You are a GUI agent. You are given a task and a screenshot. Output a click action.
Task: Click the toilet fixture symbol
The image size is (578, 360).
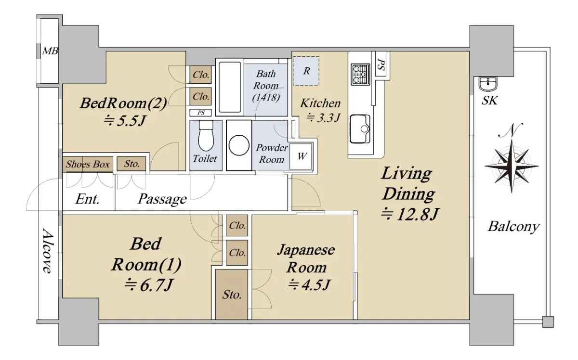pos(206,136)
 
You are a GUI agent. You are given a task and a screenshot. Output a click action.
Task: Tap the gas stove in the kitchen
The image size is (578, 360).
pos(360,74)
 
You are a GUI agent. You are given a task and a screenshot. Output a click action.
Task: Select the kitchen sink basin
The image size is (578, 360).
pos(360,129)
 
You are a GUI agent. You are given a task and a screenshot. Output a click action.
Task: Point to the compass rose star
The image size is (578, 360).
pos(512,166)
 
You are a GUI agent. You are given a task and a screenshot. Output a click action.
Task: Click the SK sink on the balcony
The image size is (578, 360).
pos(488,84)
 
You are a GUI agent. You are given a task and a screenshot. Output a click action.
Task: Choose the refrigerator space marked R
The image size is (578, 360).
pos(306,71)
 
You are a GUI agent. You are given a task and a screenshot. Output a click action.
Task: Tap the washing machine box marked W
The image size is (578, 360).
pos(301,156)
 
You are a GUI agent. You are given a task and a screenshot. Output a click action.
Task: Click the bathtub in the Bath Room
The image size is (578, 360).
pos(230,87)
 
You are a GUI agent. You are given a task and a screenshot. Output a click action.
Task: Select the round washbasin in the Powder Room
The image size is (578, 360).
pos(239,145)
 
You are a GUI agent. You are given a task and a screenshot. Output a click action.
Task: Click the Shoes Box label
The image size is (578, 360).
pos(88,164)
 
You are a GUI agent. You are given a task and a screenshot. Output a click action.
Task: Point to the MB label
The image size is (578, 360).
pos(50,51)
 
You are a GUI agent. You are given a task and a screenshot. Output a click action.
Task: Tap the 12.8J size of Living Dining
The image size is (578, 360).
pos(410,214)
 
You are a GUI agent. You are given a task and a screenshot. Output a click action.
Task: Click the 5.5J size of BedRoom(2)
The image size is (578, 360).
pos(125,120)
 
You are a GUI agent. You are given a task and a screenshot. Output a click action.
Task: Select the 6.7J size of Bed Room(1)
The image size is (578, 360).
pos(148,285)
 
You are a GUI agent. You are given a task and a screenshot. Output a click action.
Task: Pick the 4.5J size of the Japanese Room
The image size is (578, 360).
pos(309,285)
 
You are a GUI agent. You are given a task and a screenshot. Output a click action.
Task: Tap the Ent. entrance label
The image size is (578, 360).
pos(87,199)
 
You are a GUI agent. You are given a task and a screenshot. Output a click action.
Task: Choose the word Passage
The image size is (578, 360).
pos(162,199)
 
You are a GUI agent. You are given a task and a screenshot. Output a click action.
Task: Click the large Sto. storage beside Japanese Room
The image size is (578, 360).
pos(232,295)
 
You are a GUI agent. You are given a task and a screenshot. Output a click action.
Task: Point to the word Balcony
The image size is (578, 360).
pos(513,227)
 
